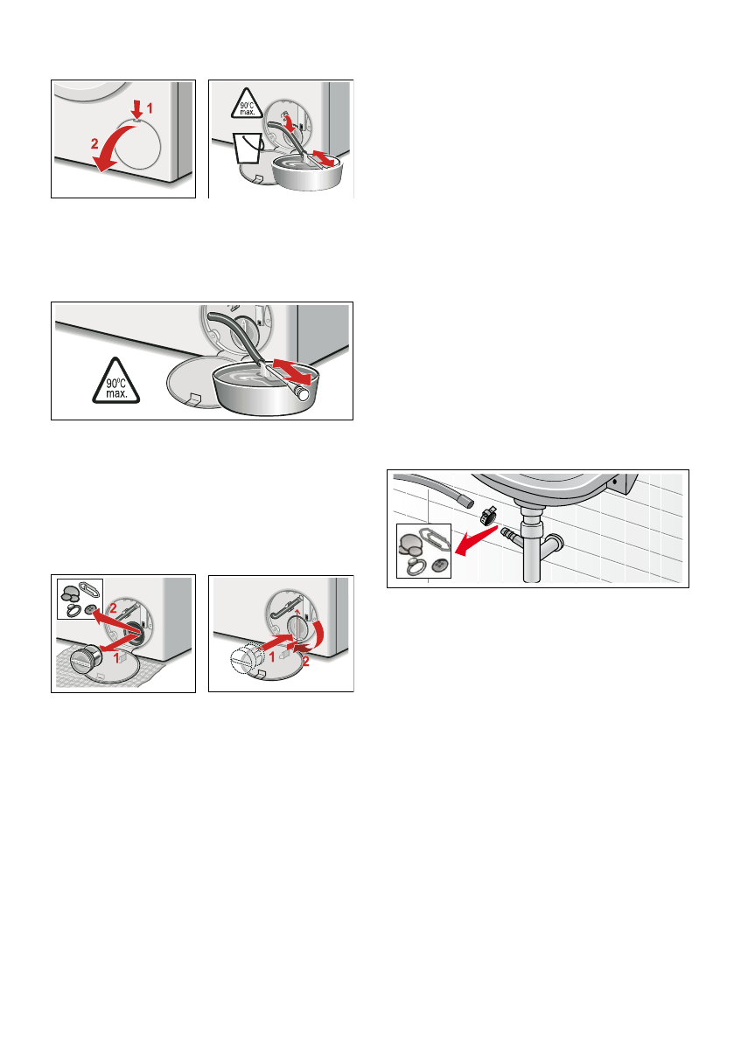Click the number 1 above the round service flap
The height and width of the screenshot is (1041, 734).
click(x=150, y=107)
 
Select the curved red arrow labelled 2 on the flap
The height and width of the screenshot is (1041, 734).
click(x=109, y=150)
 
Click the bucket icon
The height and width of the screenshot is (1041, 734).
click(x=247, y=148)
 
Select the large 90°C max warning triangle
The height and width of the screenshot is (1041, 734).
click(x=116, y=382)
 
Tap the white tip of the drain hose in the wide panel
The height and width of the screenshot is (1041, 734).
click(x=304, y=393)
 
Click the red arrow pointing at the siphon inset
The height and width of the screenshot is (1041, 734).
click(x=476, y=537)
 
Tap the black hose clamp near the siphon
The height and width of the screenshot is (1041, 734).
click(x=488, y=515)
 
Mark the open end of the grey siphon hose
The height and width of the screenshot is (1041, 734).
click(x=468, y=501)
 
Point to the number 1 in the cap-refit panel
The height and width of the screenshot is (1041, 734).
click(x=272, y=658)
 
